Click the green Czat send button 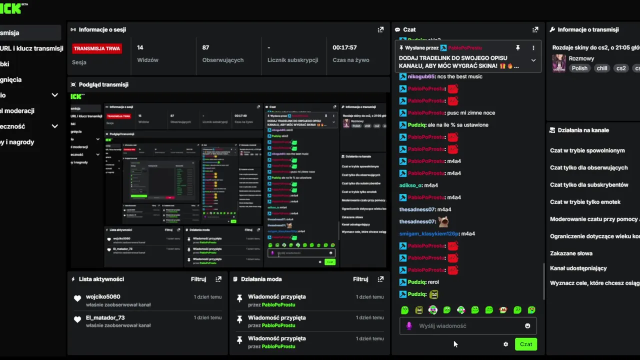click(x=525, y=344)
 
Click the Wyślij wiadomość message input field click(x=465, y=326)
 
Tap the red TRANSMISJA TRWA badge click(x=97, y=48)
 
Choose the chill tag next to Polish click(x=602, y=68)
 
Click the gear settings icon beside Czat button click(x=505, y=344)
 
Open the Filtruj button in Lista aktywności click(x=198, y=279)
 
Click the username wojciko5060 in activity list click(x=103, y=296)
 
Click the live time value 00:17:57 click(x=344, y=47)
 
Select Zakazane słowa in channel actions click(x=571, y=253)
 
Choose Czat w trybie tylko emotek click(x=585, y=202)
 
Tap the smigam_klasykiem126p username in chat click(x=428, y=233)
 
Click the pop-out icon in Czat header click(x=535, y=29)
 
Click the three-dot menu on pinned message click(x=533, y=48)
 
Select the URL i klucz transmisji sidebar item click(x=31, y=48)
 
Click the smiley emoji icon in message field click(x=527, y=326)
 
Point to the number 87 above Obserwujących click(x=205, y=47)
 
